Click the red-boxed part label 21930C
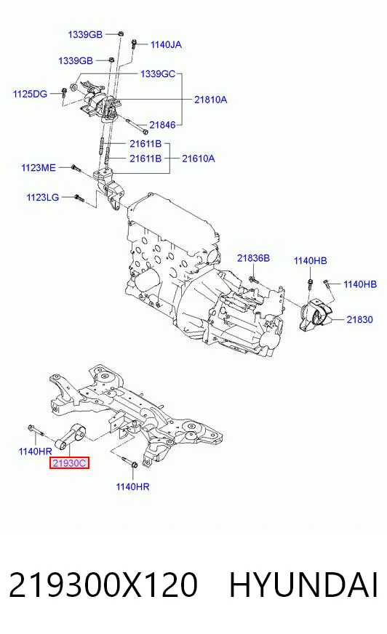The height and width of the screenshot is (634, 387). coord(69,462)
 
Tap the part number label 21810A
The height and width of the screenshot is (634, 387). coord(210,100)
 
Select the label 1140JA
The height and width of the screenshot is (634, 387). coord(166,44)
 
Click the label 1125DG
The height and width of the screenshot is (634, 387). coord(30,94)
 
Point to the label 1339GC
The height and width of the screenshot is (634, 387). coord(158,74)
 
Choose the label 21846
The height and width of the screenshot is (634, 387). coord(162,125)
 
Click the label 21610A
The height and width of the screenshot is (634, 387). coord(198,158)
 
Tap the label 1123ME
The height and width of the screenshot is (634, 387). coord(39,167)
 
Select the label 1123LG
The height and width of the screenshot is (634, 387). coord(43,197)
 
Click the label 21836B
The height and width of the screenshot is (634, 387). coord(253,258)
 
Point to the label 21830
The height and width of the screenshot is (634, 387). coord(359,319)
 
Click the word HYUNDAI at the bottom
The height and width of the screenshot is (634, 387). coord(303,585)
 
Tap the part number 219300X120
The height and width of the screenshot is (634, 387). coord(103,585)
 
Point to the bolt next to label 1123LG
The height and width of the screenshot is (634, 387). coord(79,198)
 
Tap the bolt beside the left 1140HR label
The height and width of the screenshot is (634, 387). coord(35,430)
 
